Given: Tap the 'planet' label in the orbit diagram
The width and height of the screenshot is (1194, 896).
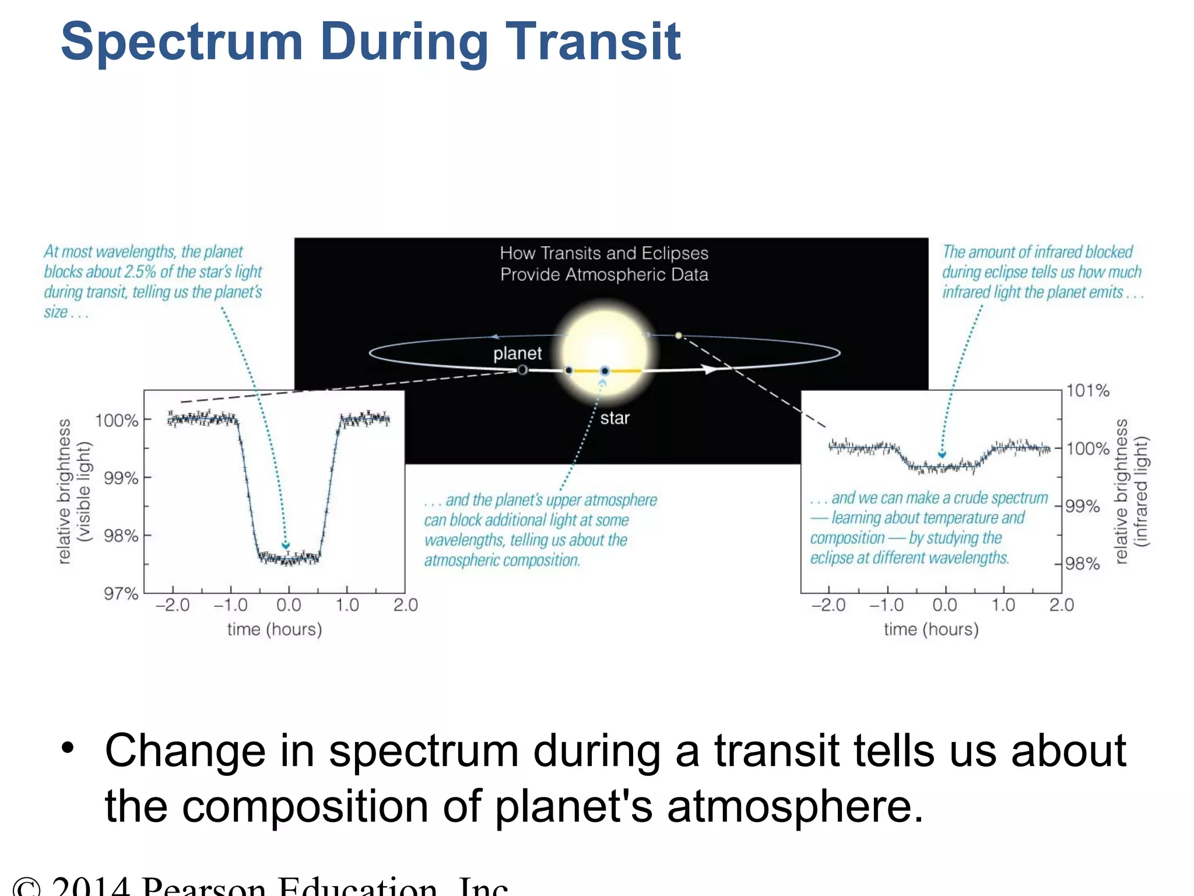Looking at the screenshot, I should [517, 353].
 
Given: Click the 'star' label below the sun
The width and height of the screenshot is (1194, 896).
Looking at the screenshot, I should [614, 418].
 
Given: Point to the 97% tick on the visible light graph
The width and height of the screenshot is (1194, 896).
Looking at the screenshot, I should [121, 594].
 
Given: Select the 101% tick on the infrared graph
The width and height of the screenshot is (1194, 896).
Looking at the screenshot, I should [1087, 391].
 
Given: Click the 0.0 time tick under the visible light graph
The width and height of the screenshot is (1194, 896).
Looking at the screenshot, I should [289, 605].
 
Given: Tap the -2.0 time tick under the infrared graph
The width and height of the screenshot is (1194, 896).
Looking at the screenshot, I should [828, 605].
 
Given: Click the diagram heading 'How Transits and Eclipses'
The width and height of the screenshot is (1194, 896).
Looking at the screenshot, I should [604, 253].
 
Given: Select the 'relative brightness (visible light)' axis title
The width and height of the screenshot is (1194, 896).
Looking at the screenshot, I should [74, 491].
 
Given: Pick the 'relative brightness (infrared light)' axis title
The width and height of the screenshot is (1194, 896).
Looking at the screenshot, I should [1130, 491].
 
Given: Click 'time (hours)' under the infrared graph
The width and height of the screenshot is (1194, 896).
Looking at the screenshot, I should [931, 629].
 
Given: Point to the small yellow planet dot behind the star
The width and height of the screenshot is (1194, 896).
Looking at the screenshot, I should [678, 335].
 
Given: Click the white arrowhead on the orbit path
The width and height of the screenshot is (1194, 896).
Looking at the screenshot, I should [709, 369].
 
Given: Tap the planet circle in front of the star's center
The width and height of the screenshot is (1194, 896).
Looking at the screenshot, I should [605, 371].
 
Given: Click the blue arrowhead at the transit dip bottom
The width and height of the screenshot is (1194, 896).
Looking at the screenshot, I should [286, 545].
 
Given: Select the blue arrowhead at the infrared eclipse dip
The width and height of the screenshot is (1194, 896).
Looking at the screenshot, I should [942, 454].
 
